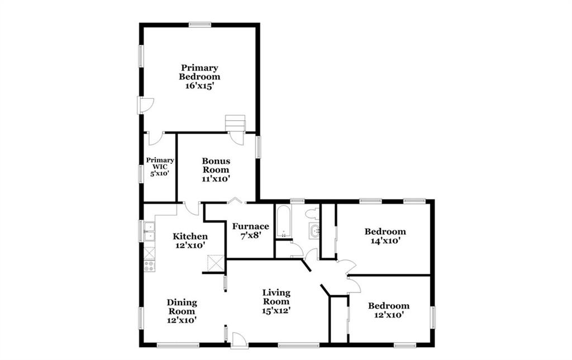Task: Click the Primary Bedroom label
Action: tap(199, 72)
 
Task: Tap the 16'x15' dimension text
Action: tap(199, 86)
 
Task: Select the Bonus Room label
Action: tap(216, 165)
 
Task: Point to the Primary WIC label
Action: tap(160, 163)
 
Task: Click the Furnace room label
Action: tap(251, 226)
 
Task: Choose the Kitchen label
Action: tap(190, 236)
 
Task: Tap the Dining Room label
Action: tap(182, 307)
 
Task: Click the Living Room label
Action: tap(277, 297)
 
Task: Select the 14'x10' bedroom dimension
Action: tap(385, 241)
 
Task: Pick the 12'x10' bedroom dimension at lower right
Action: tap(389, 315)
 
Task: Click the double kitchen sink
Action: tap(150, 231)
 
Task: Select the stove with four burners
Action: tap(150, 266)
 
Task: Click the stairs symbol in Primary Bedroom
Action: tap(235, 123)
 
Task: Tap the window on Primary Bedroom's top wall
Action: tap(200, 25)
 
